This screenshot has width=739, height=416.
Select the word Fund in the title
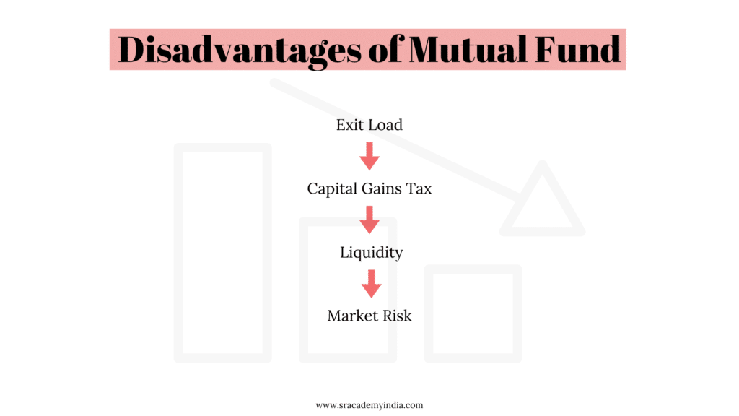581,50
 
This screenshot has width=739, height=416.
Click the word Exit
349,125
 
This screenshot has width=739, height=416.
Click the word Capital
332,189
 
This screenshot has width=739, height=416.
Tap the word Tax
419,189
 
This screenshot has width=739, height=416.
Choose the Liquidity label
371,253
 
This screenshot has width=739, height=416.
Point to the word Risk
396,316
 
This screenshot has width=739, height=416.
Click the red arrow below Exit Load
369,156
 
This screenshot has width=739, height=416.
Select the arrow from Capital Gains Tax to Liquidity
369,220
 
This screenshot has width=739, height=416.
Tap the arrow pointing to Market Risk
371,284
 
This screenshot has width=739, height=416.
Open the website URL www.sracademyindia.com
369,405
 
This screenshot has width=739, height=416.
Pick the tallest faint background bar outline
222,253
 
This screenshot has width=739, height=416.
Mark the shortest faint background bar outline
473,313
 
